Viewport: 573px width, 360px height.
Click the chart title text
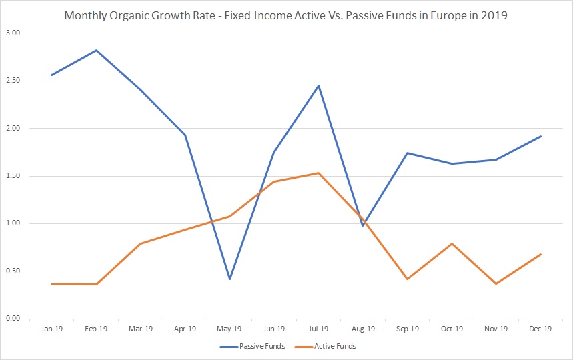click(286, 14)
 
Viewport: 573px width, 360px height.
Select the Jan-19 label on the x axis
click(52, 329)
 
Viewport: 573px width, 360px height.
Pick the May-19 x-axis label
click(229, 329)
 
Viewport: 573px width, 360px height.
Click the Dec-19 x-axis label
click(540, 329)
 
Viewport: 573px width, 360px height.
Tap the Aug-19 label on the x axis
click(363, 329)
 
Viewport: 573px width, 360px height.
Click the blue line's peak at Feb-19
click(97, 51)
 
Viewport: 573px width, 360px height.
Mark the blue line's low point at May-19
click(229, 279)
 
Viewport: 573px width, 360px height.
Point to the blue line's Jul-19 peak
click(319, 86)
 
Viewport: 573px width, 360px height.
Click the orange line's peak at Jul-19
click(319, 173)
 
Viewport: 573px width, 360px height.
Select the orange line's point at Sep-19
click(408, 279)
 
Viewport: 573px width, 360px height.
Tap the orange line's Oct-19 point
click(452, 244)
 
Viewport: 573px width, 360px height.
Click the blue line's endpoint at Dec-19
click(540, 136)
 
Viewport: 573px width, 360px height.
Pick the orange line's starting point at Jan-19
click(52, 284)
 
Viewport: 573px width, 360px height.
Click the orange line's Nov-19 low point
click(496, 284)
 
